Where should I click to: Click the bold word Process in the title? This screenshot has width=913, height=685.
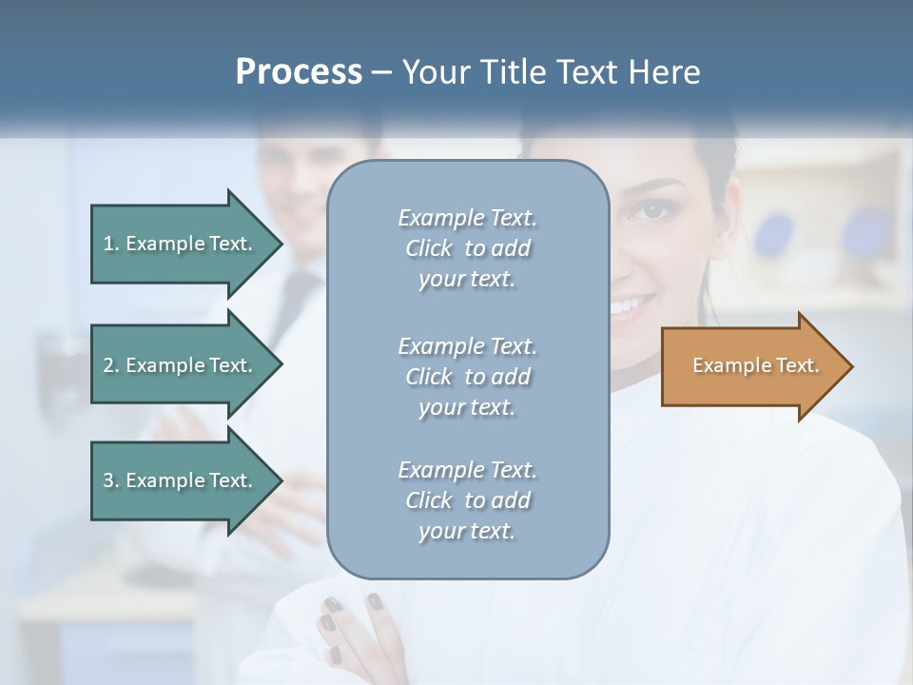(298, 72)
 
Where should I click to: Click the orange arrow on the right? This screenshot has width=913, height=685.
(751, 365)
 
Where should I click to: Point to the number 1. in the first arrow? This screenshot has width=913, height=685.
(111, 244)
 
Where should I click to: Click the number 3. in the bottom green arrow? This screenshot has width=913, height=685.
(111, 480)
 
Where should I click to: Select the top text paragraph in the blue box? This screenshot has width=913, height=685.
(467, 248)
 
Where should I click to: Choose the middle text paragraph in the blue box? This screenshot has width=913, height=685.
(467, 377)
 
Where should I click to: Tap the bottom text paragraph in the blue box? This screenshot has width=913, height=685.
(467, 500)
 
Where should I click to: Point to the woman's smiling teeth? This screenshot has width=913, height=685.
(633, 304)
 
